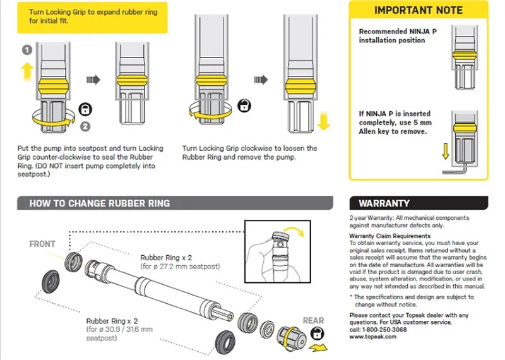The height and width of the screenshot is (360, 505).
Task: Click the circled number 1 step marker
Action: coord(27,50)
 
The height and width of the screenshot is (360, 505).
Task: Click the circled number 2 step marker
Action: coord(85,126)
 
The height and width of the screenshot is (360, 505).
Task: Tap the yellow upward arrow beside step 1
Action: coord(27,72)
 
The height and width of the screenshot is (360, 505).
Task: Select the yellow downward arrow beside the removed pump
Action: coord(324,121)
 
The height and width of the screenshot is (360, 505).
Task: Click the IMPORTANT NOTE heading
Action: coord(419,10)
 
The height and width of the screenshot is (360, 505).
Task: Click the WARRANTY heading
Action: coord(384,203)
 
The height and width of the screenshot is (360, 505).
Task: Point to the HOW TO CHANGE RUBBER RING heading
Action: coord(100,203)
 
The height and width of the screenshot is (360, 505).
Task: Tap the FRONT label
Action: coord(42,244)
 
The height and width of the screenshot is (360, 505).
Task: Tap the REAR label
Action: coord(313,320)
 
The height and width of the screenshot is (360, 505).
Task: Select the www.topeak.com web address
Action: coord(373,337)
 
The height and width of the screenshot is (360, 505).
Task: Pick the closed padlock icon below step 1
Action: coord(85,109)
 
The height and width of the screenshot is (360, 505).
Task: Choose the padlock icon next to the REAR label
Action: coord(318,333)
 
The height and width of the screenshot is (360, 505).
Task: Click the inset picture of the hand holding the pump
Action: coord(278,252)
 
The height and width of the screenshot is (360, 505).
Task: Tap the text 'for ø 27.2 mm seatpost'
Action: coord(181,267)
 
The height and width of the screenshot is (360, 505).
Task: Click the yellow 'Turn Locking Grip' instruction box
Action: coord(92,18)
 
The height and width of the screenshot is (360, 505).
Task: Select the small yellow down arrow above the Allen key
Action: coord(446,152)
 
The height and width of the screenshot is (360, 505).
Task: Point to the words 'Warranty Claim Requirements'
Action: coord(389,236)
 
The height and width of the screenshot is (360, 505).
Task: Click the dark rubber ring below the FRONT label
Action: coord(50,282)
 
